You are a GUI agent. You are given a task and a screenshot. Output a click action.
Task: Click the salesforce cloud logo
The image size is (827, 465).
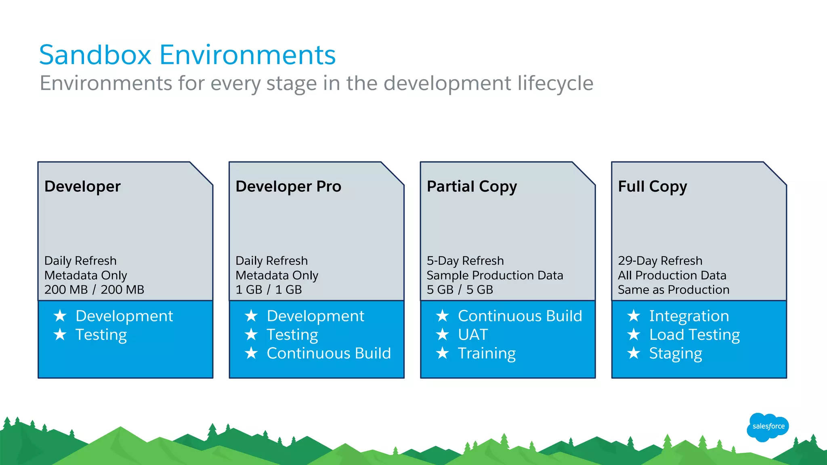click(x=768, y=427)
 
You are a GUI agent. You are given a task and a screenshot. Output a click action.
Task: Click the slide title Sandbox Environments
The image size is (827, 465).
click(x=187, y=55)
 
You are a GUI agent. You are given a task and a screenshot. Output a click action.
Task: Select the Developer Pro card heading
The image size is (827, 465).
click(x=288, y=186)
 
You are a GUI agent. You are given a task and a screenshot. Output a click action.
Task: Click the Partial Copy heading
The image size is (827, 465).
click(x=472, y=186)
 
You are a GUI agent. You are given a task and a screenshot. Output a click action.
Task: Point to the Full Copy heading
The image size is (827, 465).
click(x=652, y=186)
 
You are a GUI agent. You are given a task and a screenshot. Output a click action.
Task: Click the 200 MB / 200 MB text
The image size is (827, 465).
click(x=94, y=289)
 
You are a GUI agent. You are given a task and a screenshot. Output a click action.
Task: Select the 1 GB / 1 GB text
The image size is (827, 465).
click(x=269, y=289)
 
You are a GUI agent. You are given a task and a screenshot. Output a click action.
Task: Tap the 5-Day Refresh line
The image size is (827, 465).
click(x=465, y=261)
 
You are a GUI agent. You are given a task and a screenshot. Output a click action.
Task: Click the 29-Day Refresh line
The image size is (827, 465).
click(x=660, y=261)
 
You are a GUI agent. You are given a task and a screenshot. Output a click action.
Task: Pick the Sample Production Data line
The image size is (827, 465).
click(x=495, y=275)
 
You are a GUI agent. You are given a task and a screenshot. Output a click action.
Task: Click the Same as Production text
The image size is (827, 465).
click(x=673, y=289)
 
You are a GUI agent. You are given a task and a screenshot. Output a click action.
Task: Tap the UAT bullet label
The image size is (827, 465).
click(x=473, y=335)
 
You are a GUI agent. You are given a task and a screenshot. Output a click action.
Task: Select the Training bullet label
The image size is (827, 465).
click(x=487, y=353)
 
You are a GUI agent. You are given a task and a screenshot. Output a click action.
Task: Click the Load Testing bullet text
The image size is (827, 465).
click(x=694, y=335)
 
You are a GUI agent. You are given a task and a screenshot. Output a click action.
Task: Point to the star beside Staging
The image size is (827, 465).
click(x=634, y=353)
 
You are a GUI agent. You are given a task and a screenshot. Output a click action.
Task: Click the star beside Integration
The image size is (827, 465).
click(x=634, y=316)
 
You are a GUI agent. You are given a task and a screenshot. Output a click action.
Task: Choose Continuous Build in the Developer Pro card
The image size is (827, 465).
click(x=329, y=353)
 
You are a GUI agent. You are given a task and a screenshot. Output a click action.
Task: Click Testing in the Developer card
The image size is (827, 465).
click(x=101, y=335)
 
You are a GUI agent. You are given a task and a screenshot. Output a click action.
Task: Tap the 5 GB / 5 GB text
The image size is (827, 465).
click(x=460, y=289)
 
